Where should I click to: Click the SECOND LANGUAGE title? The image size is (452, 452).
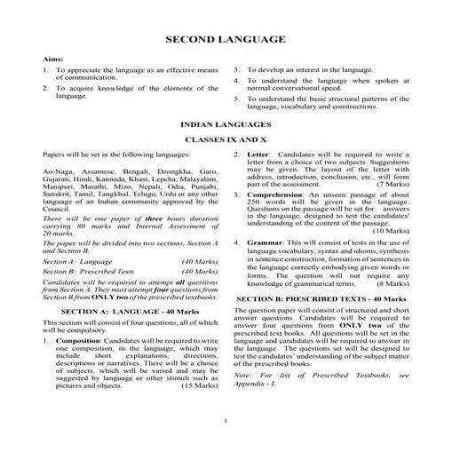pos(226,40)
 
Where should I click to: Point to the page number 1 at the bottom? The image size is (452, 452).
pos(226,422)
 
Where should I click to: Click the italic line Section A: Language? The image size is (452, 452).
pos(77,263)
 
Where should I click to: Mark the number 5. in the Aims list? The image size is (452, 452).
pos(237,99)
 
